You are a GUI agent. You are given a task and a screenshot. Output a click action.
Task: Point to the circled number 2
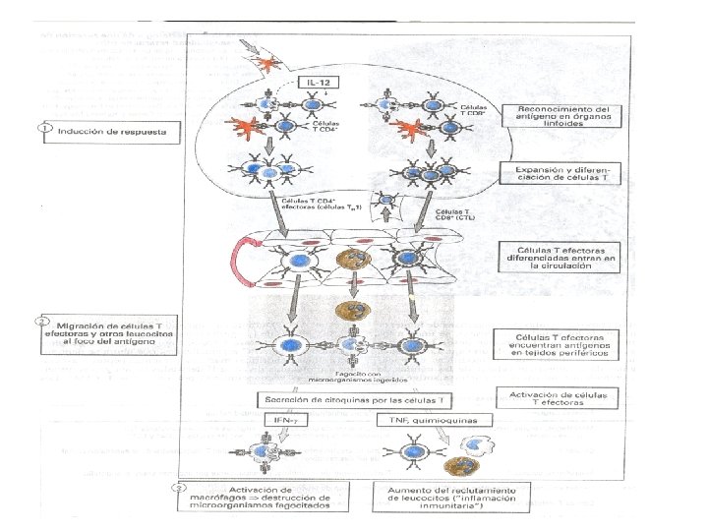42,321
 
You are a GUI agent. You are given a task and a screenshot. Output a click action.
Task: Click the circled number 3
176,488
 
